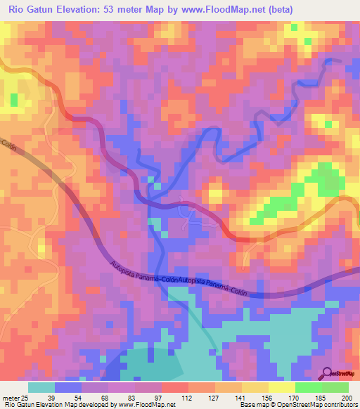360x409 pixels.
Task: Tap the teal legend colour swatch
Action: click(x=41, y=387)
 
